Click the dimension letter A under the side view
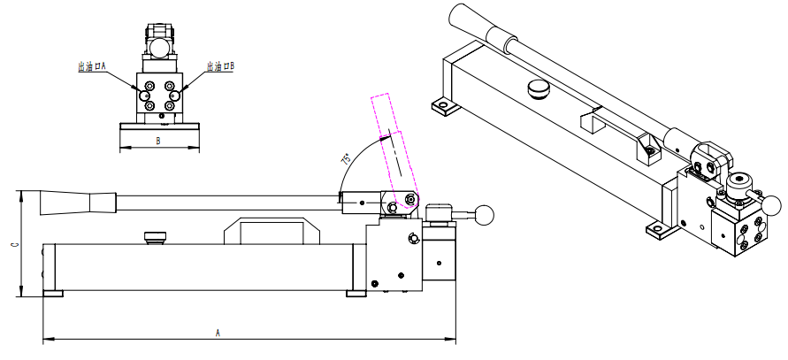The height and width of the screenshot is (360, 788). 218,333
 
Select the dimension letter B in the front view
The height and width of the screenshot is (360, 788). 157,142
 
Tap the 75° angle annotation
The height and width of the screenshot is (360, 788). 347,159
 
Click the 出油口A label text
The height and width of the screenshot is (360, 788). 92,66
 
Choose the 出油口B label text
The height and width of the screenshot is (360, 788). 220,66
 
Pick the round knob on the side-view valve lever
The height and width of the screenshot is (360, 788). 484,214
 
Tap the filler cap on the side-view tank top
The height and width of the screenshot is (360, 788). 155,237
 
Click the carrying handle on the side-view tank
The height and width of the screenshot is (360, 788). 272,231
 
